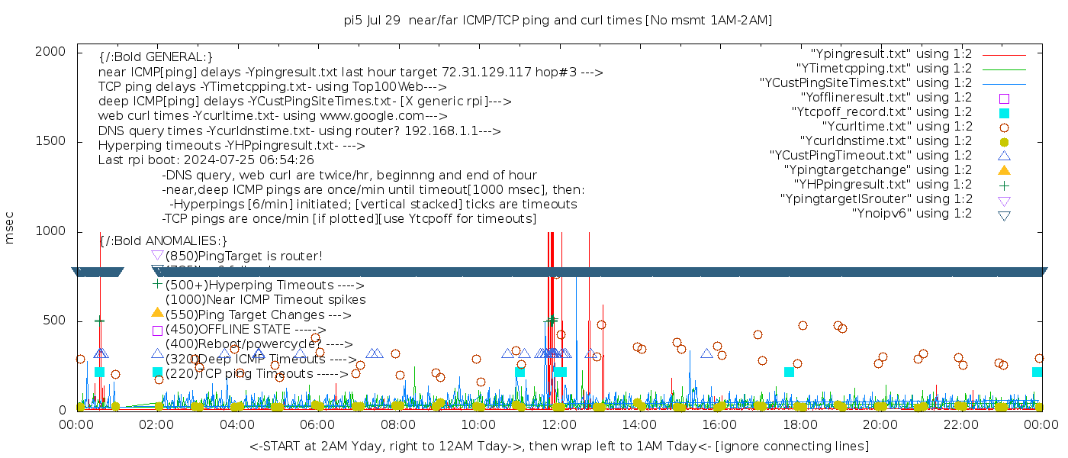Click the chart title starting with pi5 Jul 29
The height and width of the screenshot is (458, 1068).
coord(558,20)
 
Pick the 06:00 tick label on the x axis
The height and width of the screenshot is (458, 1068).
coord(318,424)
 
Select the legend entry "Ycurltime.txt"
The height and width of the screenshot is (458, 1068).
coord(896,127)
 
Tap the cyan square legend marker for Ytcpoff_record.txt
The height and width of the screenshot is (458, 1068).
coord(1004,113)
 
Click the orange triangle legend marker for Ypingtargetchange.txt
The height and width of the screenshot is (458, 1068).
coord(1004,170)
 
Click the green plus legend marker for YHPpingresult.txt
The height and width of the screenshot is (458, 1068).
coord(1004,185)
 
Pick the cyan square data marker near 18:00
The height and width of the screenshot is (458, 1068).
coord(789,372)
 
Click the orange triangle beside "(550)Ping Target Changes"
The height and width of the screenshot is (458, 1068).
coord(157,312)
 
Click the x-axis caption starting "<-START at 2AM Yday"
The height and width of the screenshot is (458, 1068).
coord(558,446)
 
